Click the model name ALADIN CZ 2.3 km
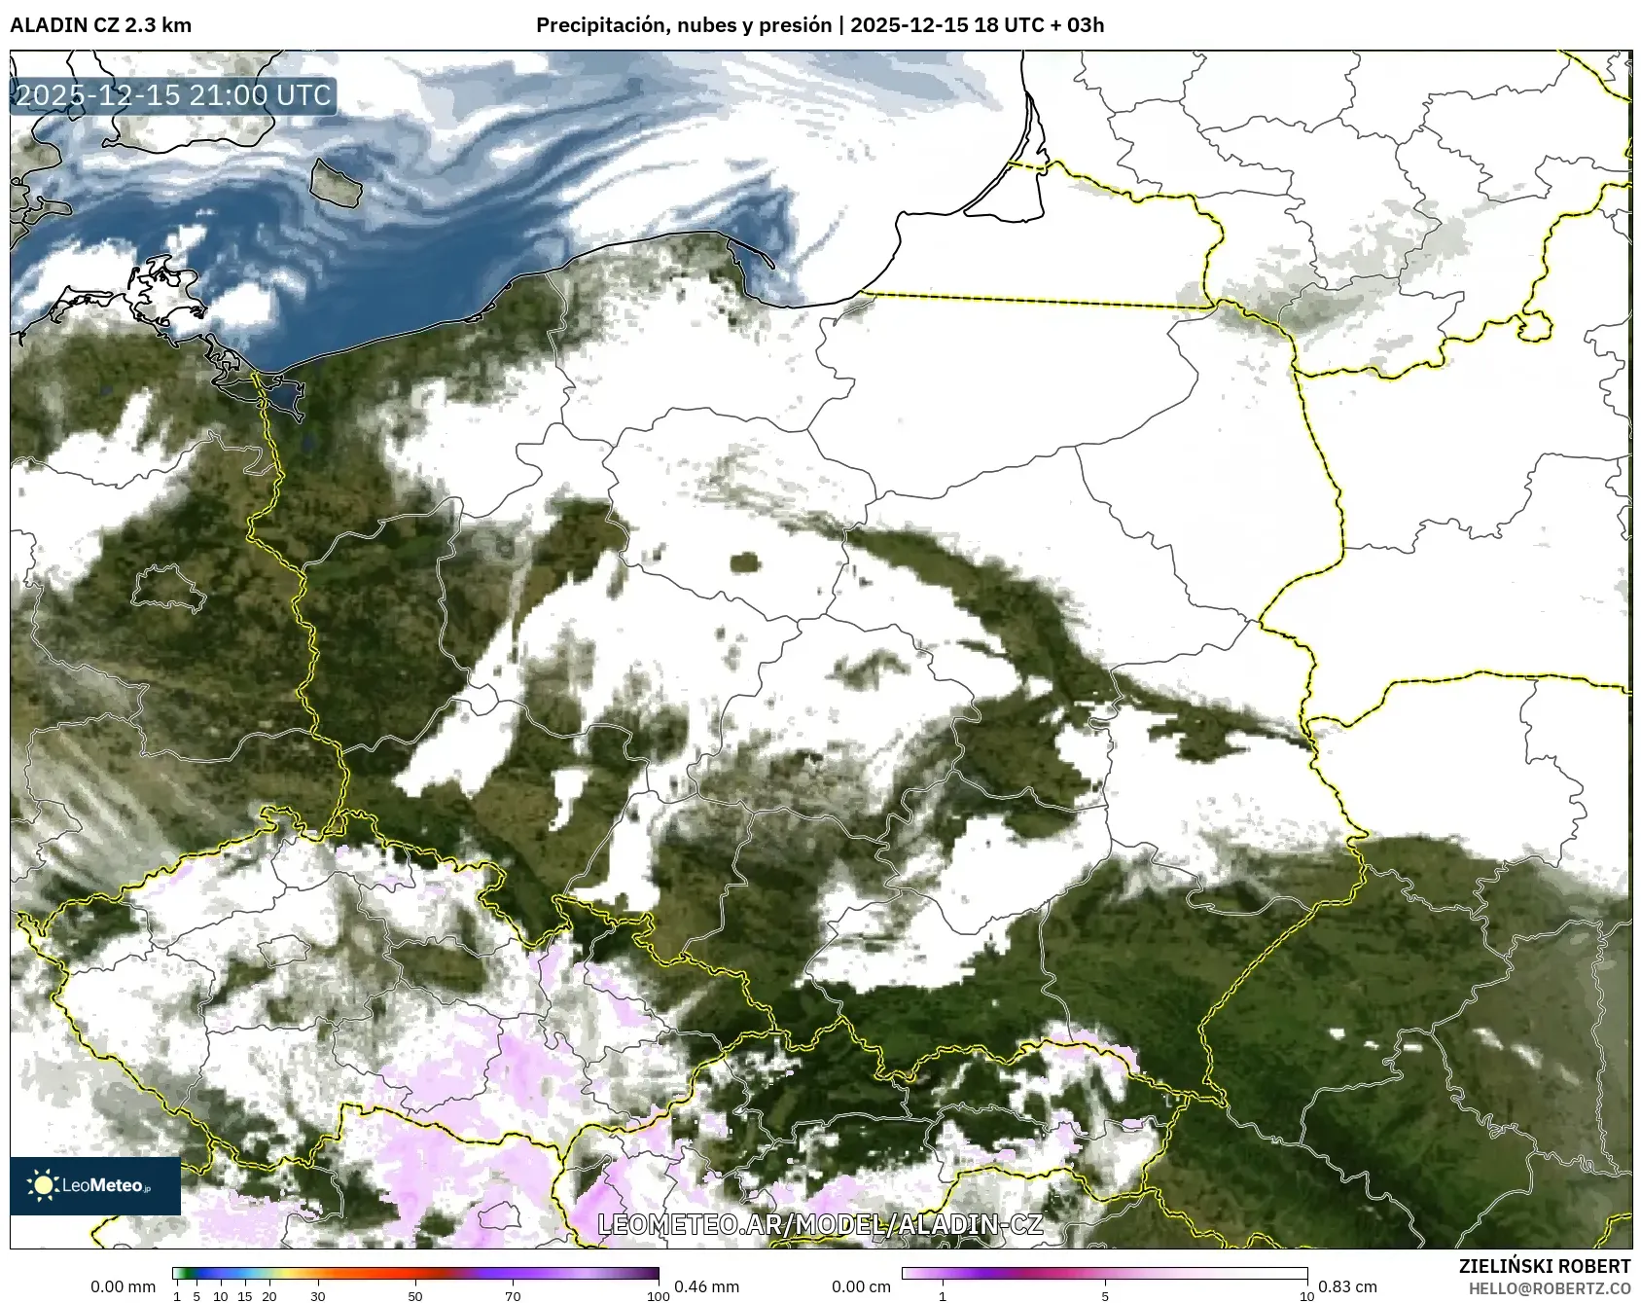[x=100, y=25]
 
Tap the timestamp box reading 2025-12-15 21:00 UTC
[x=173, y=95]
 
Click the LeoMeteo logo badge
[x=95, y=1185]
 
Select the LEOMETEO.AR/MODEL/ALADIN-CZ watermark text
[x=820, y=1224]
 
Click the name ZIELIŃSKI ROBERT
[x=1544, y=1266]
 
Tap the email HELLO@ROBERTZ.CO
[x=1549, y=1288]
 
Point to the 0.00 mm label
[x=123, y=1286]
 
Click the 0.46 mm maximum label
[x=706, y=1286]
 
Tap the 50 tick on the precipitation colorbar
[x=415, y=1296]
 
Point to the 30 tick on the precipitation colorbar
[x=318, y=1296]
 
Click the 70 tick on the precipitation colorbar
[x=513, y=1296]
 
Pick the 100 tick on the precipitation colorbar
[x=659, y=1296]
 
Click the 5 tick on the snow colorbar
[x=1105, y=1296]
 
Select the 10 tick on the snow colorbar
[x=1306, y=1296]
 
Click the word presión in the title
[x=797, y=25]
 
